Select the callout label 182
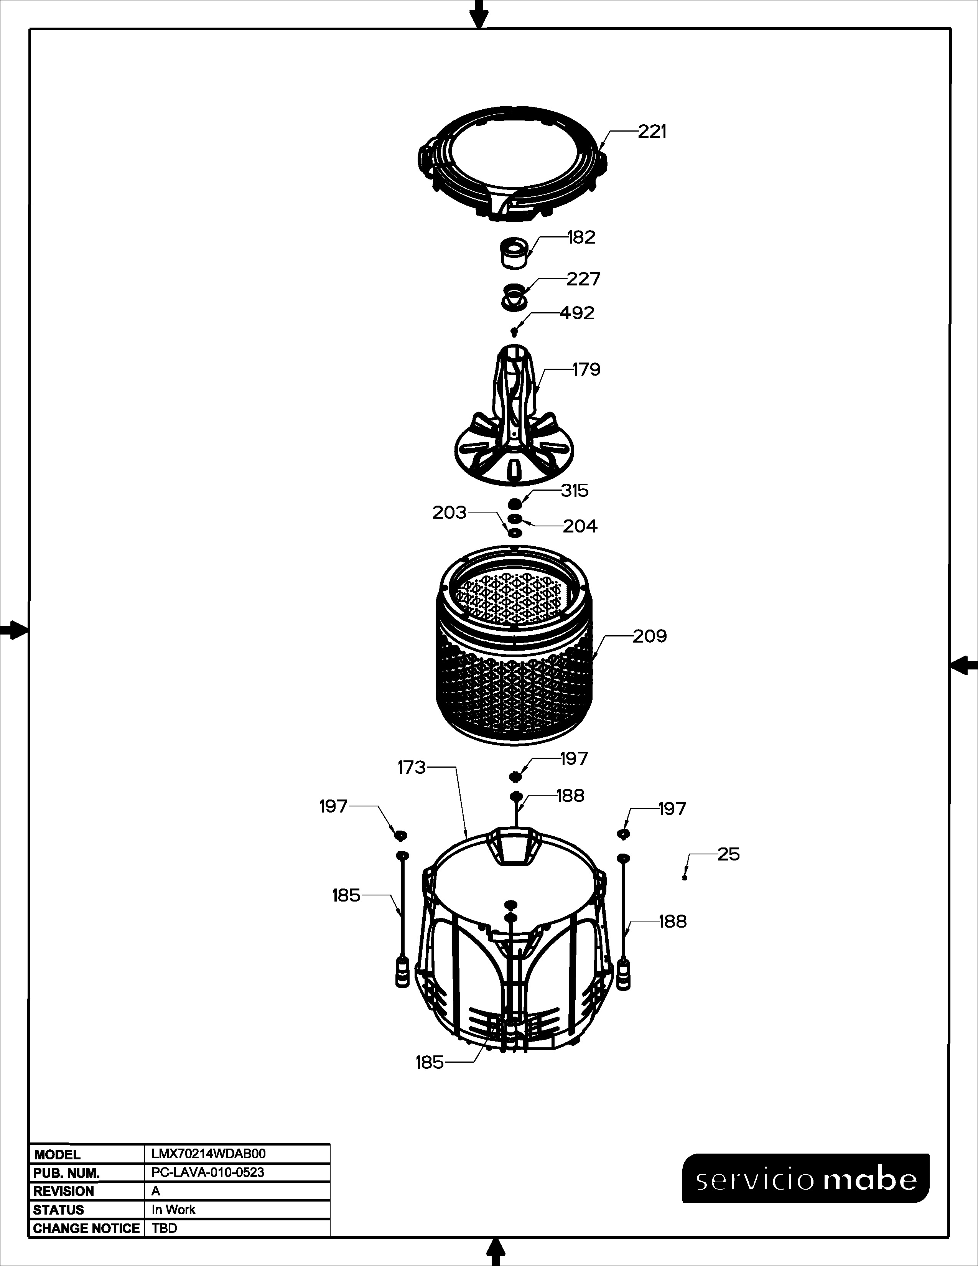581,238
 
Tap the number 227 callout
583,279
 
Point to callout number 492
577,313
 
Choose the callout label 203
449,513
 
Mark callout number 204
580,526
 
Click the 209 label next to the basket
649,636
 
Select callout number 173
412,768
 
